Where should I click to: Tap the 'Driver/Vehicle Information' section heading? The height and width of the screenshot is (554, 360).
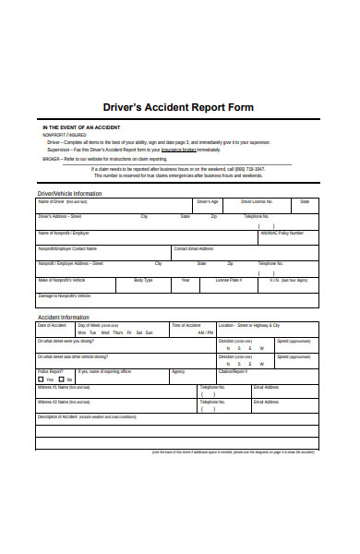[69, 193]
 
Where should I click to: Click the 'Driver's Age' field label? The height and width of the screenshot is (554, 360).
[207, 201]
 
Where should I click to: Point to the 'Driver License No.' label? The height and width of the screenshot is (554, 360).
[258, 201]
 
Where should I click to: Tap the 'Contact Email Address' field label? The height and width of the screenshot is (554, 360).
[194, 248]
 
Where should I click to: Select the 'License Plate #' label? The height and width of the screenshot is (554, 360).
[229, 280]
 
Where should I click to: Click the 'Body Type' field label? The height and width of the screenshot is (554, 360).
[143, 280]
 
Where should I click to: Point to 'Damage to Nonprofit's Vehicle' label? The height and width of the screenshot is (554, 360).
[65, 295]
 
